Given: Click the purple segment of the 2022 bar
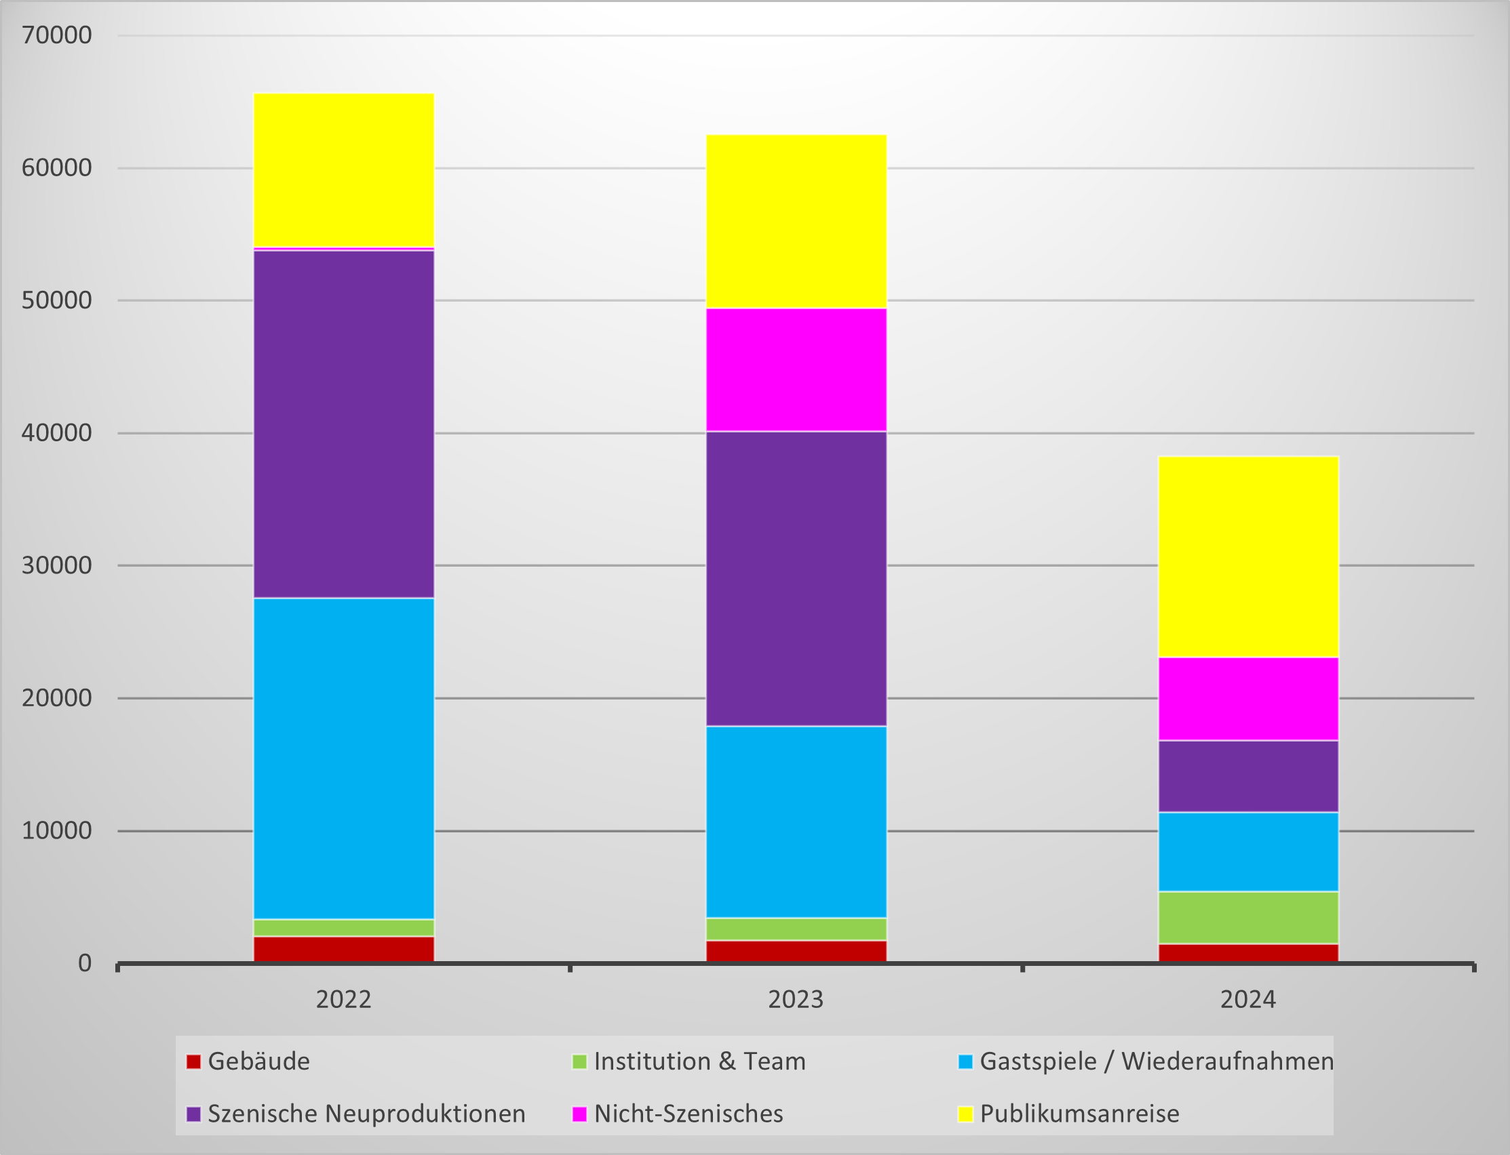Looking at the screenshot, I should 343,424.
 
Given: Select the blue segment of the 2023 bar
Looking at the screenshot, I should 796,822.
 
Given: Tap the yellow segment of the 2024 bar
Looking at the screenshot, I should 1248,556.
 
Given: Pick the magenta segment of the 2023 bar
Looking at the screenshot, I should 796,369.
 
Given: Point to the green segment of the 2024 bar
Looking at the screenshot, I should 1248,917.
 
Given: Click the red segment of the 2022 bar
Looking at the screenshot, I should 343,949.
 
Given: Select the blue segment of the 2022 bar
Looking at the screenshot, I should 343,758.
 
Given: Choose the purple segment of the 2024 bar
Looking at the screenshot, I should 1248,776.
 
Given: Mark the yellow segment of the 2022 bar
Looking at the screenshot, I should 343,170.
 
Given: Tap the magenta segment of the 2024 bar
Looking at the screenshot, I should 1248,699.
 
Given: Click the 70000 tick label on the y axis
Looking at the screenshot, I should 56,35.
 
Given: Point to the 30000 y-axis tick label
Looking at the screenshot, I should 56,565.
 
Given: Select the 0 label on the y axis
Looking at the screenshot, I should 84,963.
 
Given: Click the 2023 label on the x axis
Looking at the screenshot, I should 795,1000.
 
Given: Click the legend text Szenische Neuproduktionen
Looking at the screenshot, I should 366,1114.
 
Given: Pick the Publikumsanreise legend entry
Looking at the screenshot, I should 1079,1114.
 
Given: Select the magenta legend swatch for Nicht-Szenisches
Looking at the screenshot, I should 579,1114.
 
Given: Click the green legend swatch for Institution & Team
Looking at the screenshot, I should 579,1061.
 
